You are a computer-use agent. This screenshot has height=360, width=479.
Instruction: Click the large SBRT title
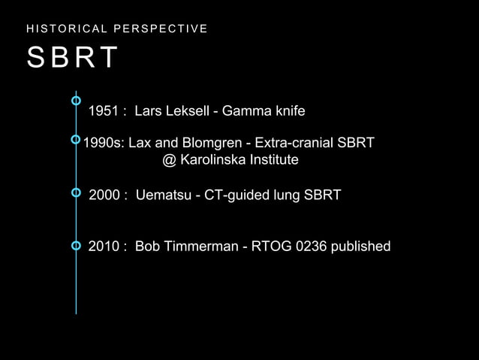(x=73, y=58)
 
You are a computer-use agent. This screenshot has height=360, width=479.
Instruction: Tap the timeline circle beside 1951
(x=76, y=100)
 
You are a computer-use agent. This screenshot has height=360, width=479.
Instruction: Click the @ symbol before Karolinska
(x=169, y=160)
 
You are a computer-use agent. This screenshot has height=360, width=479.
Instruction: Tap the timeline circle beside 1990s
(x=76, y=139)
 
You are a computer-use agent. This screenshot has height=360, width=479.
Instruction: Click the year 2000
(x=105, y=195)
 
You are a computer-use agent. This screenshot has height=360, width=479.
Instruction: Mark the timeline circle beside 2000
(x=76, y=193)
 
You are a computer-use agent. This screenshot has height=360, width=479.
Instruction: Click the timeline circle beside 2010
(x=76, y=246)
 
